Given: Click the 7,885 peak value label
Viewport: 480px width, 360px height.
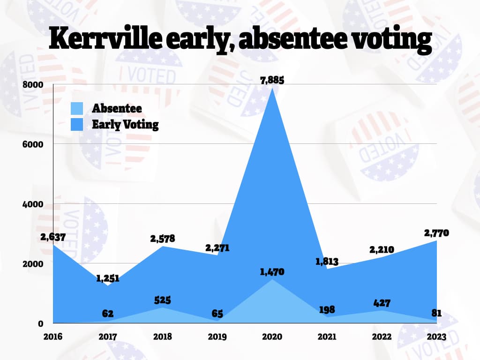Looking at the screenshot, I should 272,80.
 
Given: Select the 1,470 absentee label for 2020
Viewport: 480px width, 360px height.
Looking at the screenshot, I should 272,272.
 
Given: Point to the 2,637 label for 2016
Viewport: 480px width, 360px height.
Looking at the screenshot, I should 53,237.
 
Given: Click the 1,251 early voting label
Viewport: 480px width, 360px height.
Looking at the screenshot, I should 108,278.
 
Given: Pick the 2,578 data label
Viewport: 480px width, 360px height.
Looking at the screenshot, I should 163,239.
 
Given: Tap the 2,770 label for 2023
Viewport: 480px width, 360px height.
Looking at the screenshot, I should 437,232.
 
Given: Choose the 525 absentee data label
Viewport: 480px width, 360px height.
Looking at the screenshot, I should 163,300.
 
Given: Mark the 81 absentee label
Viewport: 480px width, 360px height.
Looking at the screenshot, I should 437,314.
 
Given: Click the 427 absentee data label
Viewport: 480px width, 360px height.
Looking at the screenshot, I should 382,303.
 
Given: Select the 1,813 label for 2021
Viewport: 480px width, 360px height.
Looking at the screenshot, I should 327,261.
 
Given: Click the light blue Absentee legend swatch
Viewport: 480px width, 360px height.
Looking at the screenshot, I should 77,109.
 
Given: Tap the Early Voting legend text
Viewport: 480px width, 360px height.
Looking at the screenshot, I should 125,125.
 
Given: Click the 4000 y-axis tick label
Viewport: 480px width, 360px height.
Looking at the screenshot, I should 34,204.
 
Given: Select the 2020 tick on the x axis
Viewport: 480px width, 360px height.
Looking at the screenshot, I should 272,337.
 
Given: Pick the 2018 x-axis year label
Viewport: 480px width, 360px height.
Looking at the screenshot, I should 163,337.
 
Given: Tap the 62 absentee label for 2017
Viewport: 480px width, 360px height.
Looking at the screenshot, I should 108,314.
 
